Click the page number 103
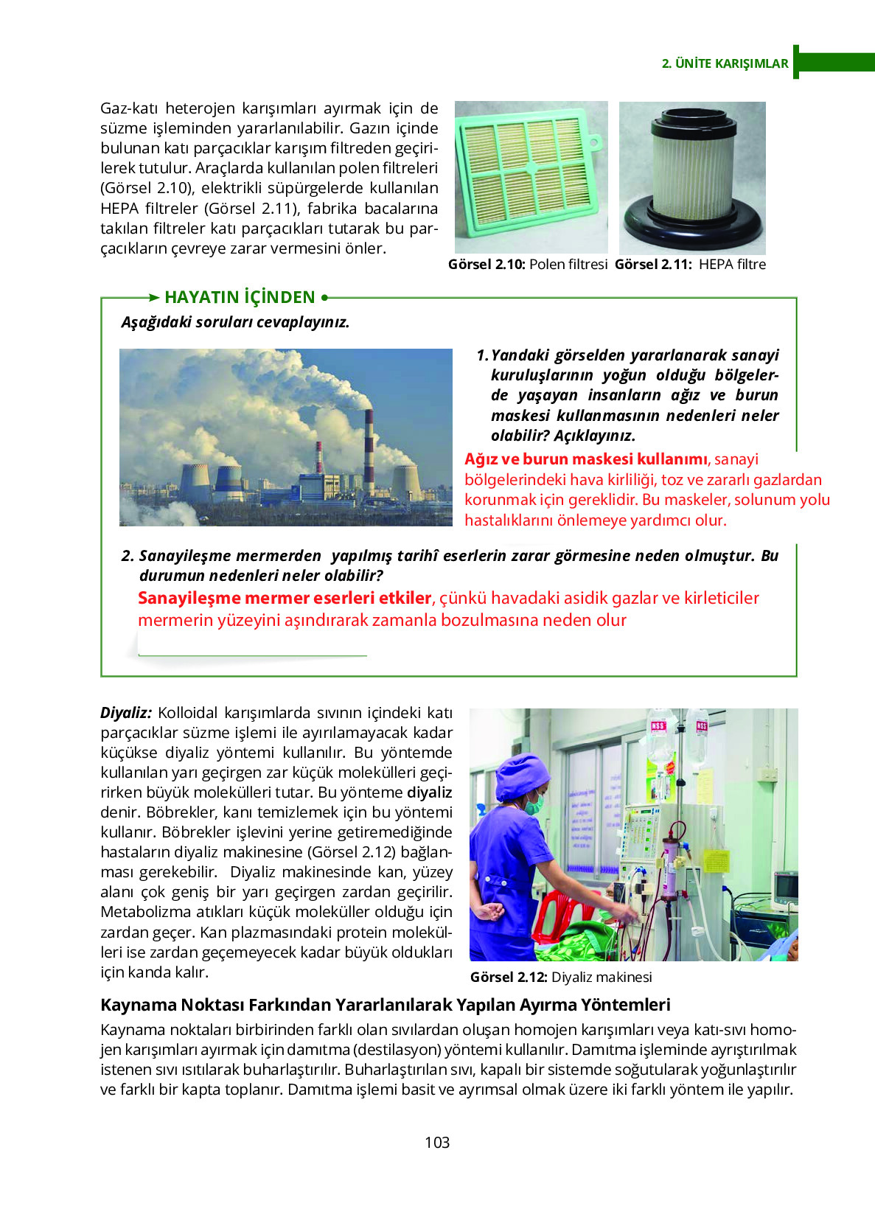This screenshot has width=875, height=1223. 437,1142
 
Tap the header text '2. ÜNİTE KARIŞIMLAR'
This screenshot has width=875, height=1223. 725,63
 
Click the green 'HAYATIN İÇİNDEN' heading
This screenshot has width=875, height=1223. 240,297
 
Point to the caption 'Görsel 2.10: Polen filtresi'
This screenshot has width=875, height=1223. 528,265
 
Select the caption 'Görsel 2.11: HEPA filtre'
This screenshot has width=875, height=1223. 690,265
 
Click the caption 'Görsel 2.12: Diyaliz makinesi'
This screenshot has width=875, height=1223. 561,978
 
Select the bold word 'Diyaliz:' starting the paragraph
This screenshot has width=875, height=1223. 125,713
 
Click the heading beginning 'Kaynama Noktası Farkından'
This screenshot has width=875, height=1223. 385,1005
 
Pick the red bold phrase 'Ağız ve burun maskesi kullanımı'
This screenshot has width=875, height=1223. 586,459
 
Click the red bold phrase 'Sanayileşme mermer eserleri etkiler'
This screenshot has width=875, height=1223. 285,598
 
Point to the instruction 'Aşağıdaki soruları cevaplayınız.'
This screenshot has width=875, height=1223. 235,322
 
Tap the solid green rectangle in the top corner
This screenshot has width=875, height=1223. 835,61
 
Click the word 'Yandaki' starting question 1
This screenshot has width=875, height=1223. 520,355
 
